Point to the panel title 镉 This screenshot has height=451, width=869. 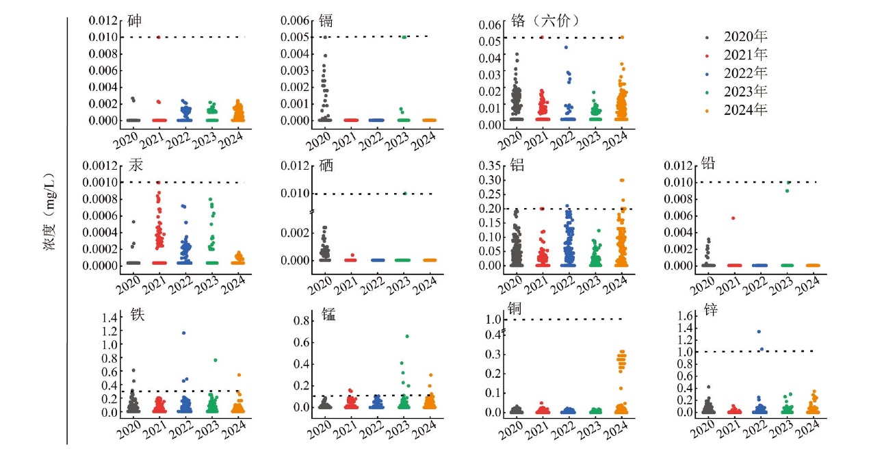tap(326, 20)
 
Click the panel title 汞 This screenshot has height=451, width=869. tap(135, 166)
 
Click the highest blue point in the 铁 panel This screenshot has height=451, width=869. tap(183, 333)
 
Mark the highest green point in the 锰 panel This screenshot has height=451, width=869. tap(407, 336)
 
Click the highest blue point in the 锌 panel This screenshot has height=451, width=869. tap(759, 332)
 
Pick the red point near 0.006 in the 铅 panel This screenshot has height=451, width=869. tap(733, 218)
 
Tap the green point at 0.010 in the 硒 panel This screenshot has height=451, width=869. tap(404, 193)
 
